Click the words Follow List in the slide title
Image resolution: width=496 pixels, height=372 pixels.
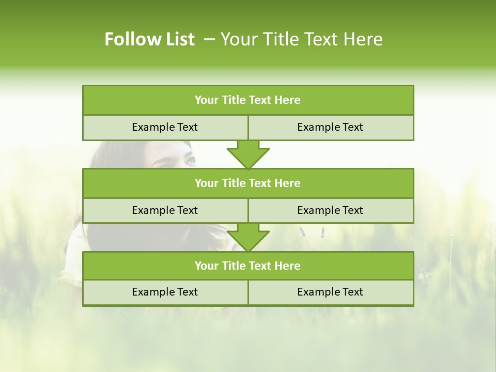click(149, 39)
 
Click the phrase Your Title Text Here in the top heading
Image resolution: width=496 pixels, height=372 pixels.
click(302, 39)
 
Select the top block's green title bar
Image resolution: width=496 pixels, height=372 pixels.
click(248, 100)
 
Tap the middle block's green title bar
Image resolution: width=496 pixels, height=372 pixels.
click(248, 183)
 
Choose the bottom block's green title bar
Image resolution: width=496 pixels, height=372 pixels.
click(248, 266)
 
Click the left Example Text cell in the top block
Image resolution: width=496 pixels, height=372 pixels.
click(165, 127)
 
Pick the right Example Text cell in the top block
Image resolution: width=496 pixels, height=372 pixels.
click(330, 127)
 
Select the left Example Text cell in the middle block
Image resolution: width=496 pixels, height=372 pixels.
click(165, 210)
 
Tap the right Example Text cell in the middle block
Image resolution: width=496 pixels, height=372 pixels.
click(330, 210)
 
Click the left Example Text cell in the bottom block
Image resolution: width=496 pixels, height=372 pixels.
click(165, 292)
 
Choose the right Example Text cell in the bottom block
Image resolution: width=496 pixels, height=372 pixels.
click(330, 292)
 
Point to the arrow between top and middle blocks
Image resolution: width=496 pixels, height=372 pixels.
click(248, 154)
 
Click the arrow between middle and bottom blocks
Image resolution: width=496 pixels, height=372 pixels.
click(248, 237)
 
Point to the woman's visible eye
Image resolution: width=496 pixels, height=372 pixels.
click(190, 162)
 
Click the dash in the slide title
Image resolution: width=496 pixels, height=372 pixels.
click(209, 39)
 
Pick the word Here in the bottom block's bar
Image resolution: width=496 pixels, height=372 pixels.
click(288, 266)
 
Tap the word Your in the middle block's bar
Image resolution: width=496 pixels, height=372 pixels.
click(207, 183)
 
